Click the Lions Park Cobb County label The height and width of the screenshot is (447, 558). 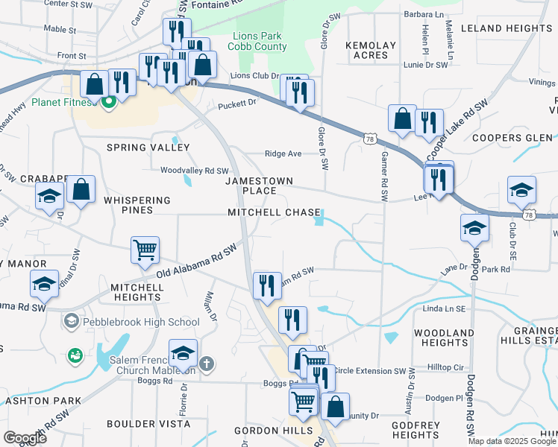pos(259,41)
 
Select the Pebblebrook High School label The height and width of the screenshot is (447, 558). pos(139,322)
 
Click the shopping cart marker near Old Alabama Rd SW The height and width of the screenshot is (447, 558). pos(145,250)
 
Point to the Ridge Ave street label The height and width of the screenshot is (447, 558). pos(283,154)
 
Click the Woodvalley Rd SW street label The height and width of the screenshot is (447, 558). pos(195,170)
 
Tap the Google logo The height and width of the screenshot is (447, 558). pos(25,438)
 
